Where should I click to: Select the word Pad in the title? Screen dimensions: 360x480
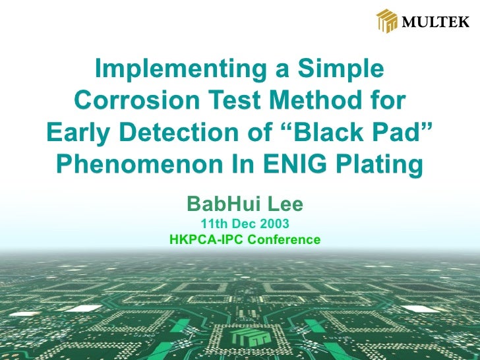tap(404, 133)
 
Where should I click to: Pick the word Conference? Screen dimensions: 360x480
tap(284, 240)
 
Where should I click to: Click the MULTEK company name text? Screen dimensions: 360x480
tap(435, 22)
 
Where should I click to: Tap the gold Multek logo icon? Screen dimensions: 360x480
tap(387, 21)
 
